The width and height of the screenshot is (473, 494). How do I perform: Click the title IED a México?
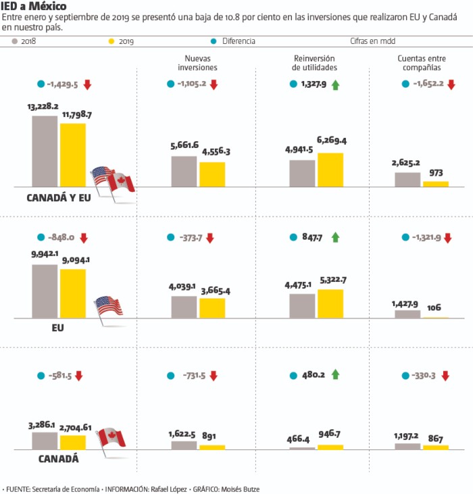click(33, 7)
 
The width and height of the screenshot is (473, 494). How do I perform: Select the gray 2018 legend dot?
click(15, 41)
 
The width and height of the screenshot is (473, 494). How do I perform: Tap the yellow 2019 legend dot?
click(112, 41)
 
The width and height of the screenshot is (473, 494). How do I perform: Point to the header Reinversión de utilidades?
click(314, 63)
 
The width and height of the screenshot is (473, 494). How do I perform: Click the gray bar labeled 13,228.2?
click(45, 151)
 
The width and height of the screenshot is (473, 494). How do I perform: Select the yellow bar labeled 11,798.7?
click(73, 155)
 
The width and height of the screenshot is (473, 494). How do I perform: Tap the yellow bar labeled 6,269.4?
click(330, 169)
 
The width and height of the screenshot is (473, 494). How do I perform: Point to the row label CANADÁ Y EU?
click(58, 198)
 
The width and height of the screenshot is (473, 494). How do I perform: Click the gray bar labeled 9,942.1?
click(45, 291)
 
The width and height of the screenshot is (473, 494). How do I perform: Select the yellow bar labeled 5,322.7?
click(330, 303)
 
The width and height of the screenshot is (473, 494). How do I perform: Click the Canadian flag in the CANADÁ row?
click(111, 437)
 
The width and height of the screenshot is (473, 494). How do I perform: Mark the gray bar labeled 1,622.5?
click(184, 445)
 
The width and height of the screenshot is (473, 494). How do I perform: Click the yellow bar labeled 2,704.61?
click(73, 442)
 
